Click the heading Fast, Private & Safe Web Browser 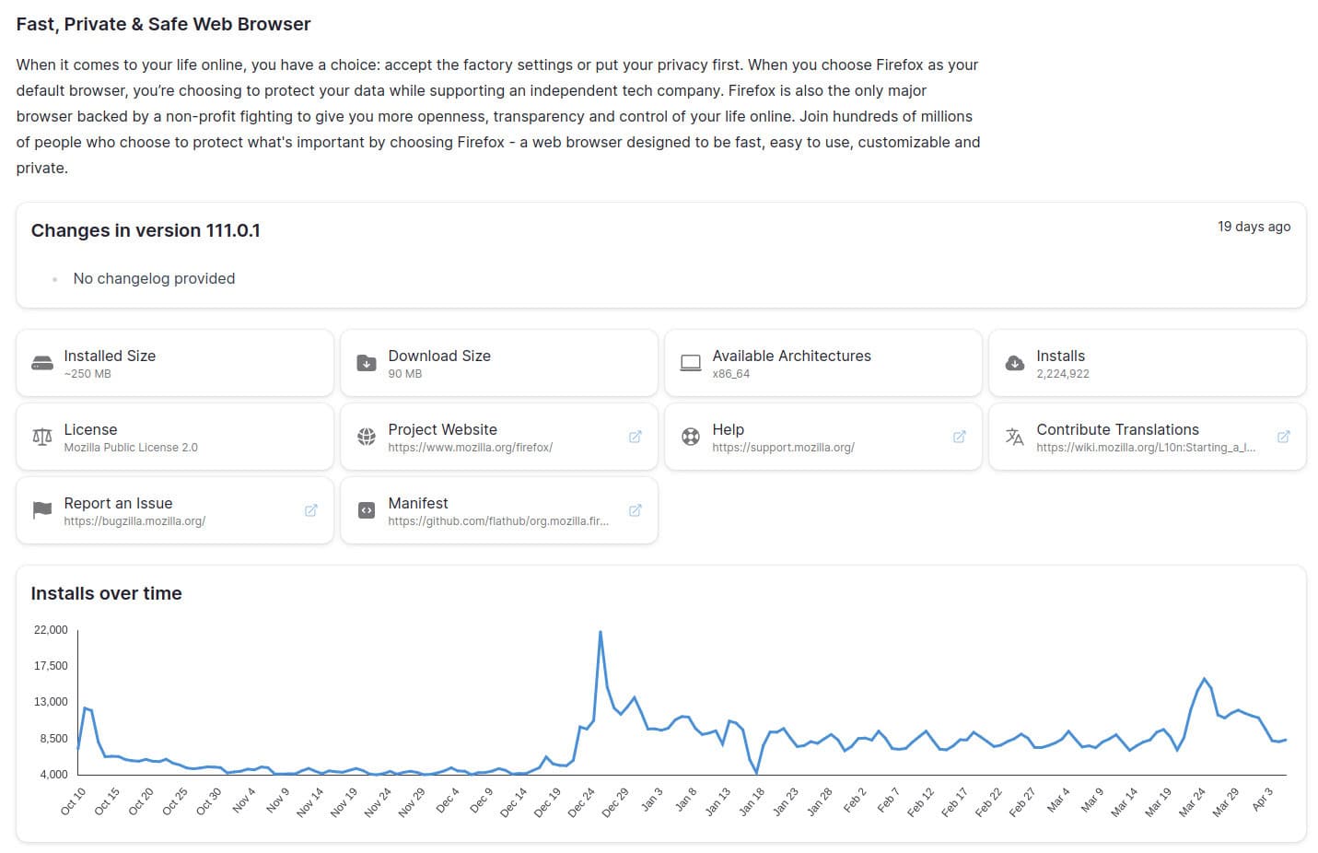tap(163, 25)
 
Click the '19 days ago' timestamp tap(1254, 227)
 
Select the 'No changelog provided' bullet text tap(154, 278)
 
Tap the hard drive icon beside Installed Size tap(42, 363)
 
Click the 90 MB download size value tap(404, 374)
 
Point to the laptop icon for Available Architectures tap(691, 363)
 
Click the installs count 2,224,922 tap(1062, 374)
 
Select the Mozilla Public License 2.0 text tap(131, 448)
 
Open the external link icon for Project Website tap(635, 437)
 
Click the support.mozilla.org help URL tap(783, 448)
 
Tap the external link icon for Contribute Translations tap(1283, 437)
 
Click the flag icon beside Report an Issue tap(42, 510)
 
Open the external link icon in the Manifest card tap(635, 510)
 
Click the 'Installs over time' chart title tap(106, 594)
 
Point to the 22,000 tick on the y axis tap(51, 630)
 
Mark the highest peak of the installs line tap(601, 632)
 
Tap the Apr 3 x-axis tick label tap(1263, 799)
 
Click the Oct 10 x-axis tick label tap(74, 801)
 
